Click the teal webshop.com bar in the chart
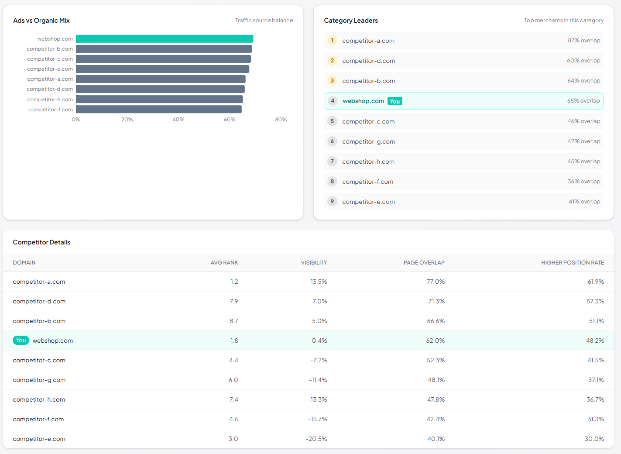pos(165,39)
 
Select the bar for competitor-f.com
pos(159,109)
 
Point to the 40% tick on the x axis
pos(178,120)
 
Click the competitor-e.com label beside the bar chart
pos(50,69)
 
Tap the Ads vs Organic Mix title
pos(41,21)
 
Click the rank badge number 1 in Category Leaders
pos(332,41)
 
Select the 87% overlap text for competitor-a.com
pos(583,41)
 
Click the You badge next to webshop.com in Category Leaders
pos(395,101)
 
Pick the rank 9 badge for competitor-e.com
pos(332,202)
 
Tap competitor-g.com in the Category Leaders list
pos(368,141)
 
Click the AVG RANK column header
pos(224,263)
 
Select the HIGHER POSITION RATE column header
pos(572,263)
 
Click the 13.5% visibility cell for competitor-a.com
pos(319,282)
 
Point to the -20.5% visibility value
pos(316,439)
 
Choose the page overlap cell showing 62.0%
pos(435,340)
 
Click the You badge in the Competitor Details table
pos(21,340)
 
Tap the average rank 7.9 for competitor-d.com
pos(234,301)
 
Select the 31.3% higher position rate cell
pos(595,419)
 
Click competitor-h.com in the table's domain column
pos(39,399)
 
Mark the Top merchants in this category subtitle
pos(563,21)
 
